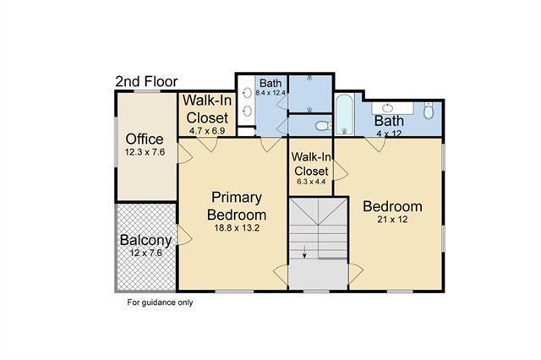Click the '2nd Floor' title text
146,82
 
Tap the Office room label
145,139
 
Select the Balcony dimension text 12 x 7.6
146,253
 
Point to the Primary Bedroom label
237,206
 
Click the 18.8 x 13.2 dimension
237,227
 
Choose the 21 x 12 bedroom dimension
392,220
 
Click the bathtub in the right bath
344,114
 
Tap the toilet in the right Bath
429,111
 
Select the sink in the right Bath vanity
388,108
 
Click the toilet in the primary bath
324,126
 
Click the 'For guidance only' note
160,303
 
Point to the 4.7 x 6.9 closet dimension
207,131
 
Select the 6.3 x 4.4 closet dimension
311,182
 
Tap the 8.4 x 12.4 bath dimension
270,92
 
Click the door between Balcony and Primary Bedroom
184,236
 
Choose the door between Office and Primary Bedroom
184,154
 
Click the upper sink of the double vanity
248,92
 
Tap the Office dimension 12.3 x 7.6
145,152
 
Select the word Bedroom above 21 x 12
392,206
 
